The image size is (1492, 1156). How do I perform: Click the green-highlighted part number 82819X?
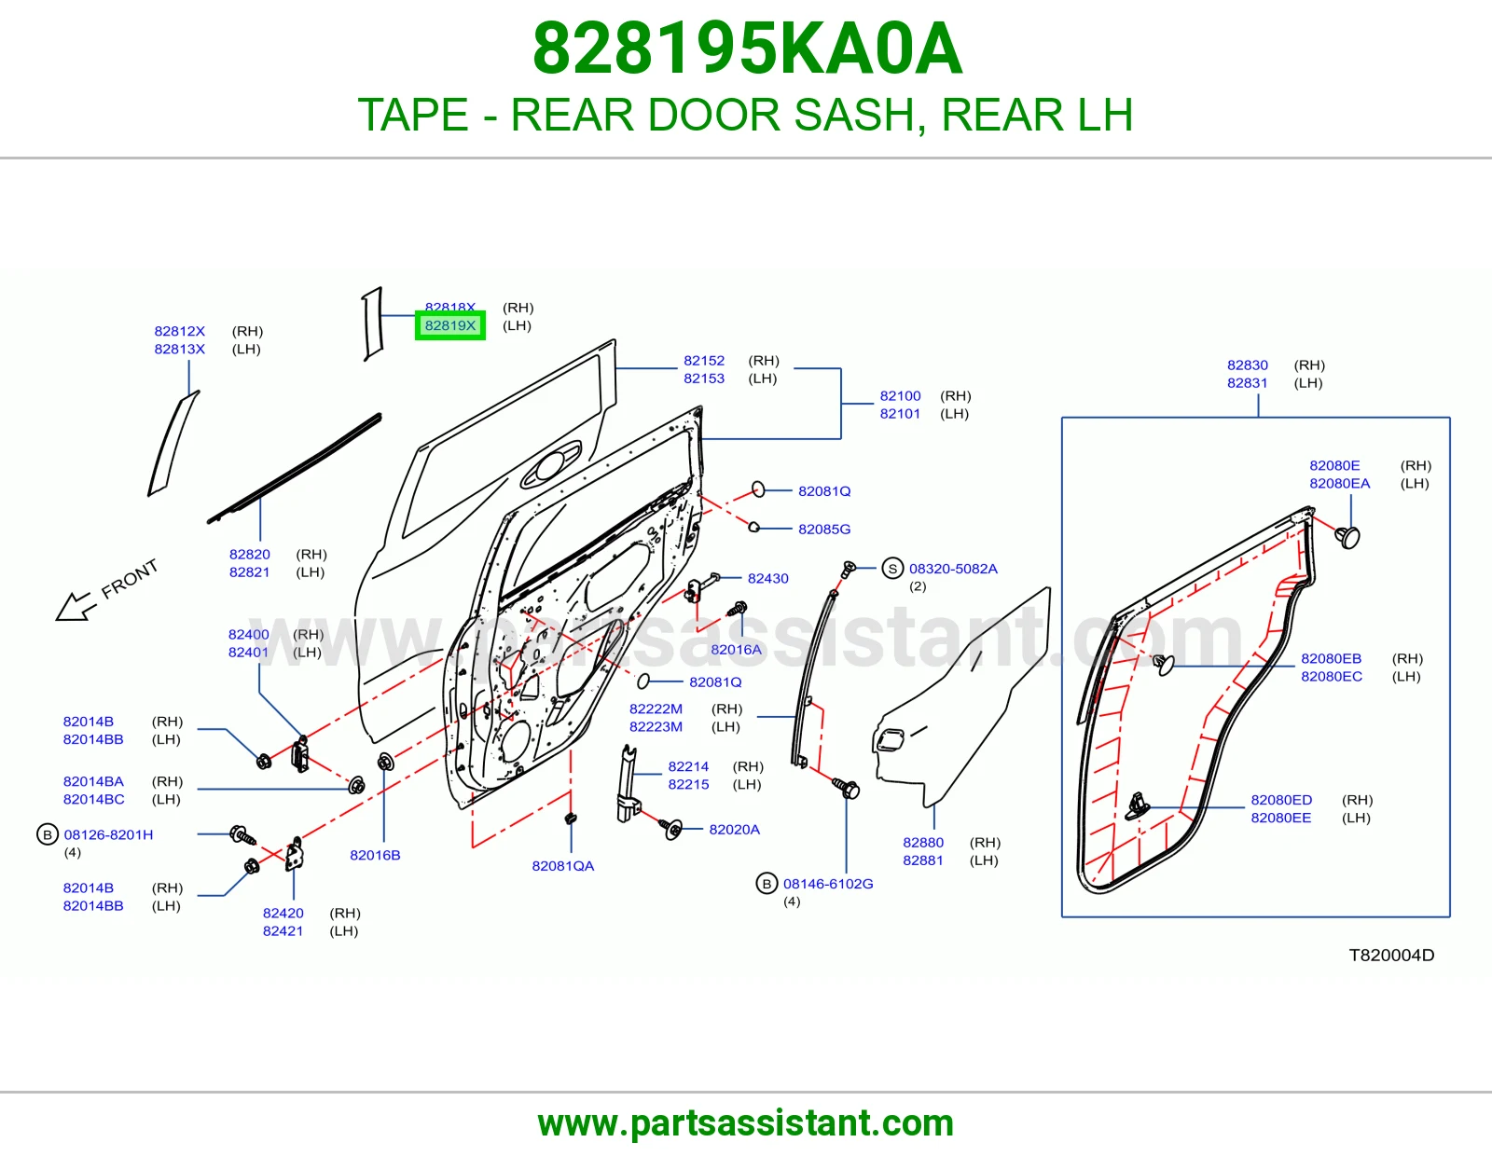450,325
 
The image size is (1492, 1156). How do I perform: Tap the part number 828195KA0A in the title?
747,48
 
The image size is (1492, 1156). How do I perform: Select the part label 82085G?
824,530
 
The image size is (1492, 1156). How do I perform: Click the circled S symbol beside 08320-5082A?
892,569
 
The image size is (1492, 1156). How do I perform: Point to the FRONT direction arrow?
74,606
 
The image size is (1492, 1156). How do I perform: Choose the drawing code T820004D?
1391,955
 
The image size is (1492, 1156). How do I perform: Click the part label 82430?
767,579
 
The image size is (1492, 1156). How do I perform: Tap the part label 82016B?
375,855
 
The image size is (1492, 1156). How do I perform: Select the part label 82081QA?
563,866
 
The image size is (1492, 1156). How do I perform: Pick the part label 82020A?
734,830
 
